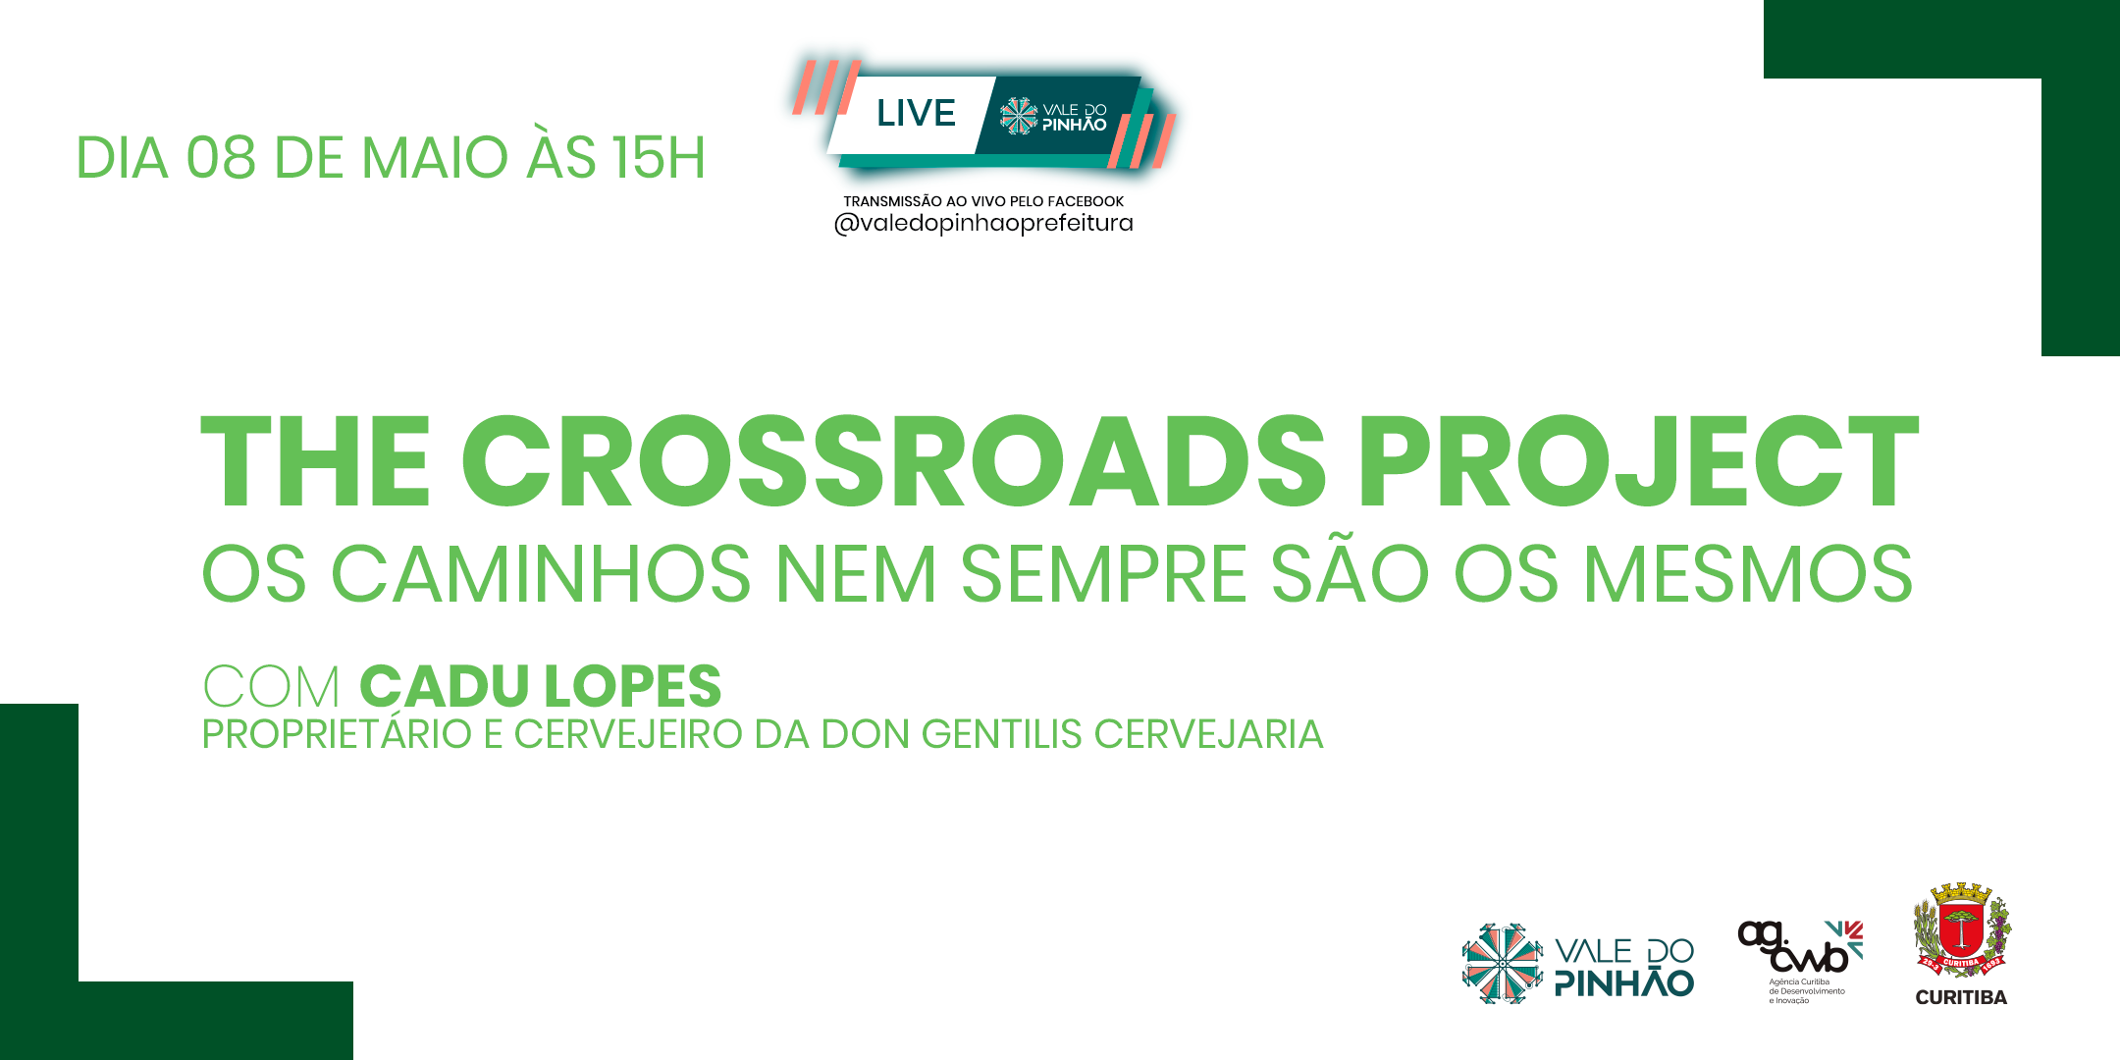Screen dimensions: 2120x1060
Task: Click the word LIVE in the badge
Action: pos(916,113)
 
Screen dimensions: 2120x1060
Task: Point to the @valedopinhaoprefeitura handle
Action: pos(983,224)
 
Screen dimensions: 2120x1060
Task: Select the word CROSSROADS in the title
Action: pos(893,460)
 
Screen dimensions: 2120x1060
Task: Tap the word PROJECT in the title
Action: pos(1638,460)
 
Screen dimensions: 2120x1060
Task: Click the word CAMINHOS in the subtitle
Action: pos(541,574)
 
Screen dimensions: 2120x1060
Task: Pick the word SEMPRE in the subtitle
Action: pos(1103,574)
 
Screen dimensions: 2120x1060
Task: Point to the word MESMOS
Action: pos(1748,574)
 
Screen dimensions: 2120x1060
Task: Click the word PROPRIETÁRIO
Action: pos(337,734)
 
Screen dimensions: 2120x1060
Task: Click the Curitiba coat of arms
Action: pos(1961,929)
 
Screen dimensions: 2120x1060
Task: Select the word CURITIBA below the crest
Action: pos(1961,997)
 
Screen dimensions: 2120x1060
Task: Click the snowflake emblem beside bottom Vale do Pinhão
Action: pos(1503,964)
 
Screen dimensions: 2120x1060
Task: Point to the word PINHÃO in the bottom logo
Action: pos(1625,981)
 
